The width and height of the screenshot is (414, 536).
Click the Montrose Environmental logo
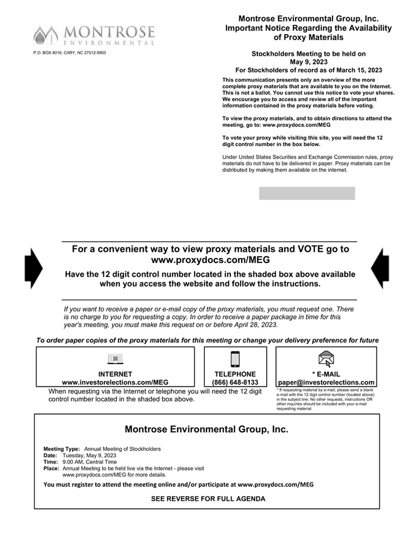(x=94, y=35)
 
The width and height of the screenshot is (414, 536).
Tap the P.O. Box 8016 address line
(x=70, y=53)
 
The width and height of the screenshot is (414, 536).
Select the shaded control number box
(x=307, y=193)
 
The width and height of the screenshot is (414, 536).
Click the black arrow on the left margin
(x=33, y=268)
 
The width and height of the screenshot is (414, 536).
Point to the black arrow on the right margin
(x=381, y=268)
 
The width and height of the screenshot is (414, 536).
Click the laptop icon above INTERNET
(x=115, y=359)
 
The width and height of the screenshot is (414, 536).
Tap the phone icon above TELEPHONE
(x=235, y=359)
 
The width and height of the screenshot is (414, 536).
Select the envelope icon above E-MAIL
(x=326, y=358)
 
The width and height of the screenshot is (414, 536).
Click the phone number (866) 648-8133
(x=235, y=382)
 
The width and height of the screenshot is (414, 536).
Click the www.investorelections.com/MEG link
(x=115, y=382)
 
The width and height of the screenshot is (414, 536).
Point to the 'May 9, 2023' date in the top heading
(x=308, y=62)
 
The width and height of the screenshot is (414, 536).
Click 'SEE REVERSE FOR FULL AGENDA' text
(x=208, y=499)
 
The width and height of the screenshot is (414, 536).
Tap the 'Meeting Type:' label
(x=62, y=449)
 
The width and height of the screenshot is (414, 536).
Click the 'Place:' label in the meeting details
(x=51, y=469)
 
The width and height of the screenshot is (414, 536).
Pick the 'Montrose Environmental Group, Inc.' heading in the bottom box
(x=206, y=429)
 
